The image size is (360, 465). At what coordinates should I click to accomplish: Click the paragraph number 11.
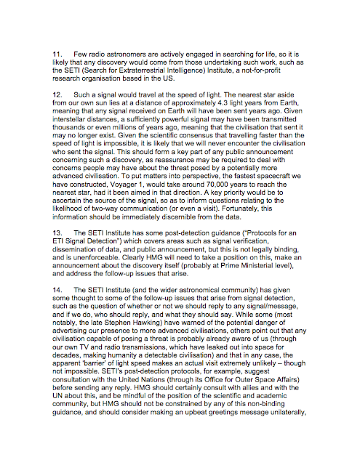55,54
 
